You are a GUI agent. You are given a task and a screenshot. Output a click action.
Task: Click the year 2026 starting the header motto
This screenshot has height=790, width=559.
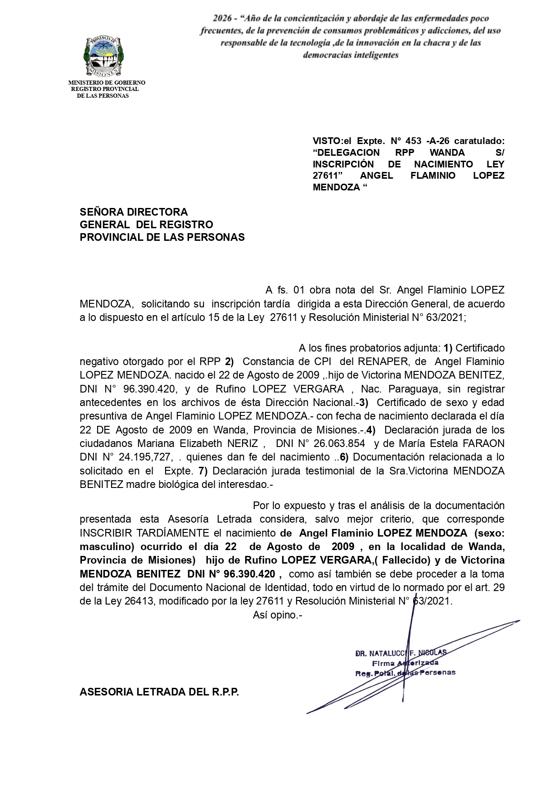click(224, 19)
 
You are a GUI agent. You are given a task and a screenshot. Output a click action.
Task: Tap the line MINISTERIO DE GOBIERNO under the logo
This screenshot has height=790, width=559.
click(106, 83)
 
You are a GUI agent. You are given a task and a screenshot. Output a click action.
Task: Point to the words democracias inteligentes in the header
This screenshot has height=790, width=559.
click(351, 55)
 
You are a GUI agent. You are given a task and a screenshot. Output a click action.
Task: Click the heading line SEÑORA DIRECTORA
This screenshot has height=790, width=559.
click(134, 212)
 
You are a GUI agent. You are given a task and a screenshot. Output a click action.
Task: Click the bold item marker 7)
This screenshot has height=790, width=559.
click(203, 471)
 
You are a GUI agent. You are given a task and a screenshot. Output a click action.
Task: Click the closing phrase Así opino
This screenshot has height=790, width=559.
click(277, 615)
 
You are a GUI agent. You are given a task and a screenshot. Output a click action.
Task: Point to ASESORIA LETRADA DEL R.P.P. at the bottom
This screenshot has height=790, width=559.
click(159, 692)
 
